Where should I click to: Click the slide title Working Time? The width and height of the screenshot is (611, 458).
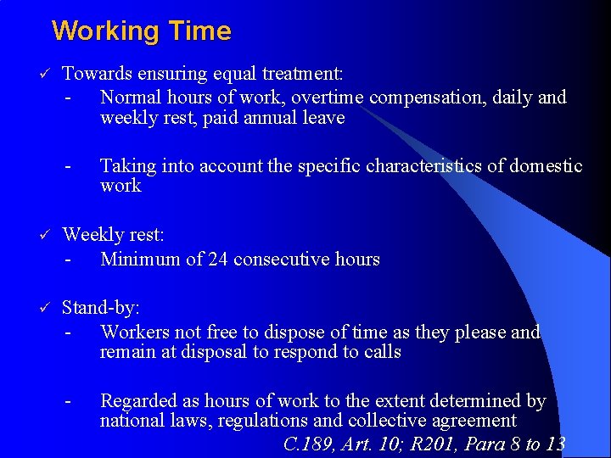point(141,31)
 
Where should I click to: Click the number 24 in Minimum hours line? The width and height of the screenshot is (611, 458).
point(219,260)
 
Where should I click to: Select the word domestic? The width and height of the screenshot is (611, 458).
point(546,165)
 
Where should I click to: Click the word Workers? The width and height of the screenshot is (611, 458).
point(132,332)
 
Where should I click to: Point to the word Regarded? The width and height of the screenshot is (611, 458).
point(138,400)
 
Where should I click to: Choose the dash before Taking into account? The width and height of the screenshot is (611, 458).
point(67,165)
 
